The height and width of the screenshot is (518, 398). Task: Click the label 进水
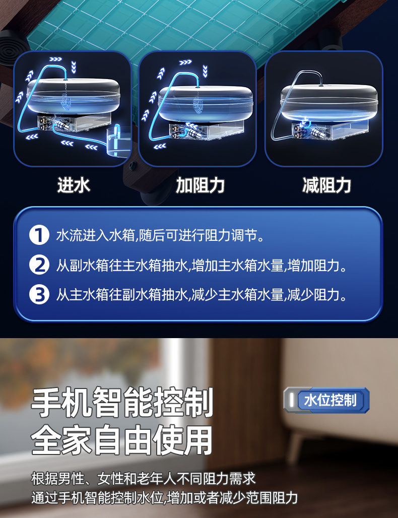[x=74, y=185]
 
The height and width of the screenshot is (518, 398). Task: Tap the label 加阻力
[x=200, y=185]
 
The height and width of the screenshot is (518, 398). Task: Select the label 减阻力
[x=326, y=185]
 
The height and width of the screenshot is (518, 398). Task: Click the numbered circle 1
[x=39, y=235]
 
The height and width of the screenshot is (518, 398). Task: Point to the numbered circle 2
[x=39, y=265]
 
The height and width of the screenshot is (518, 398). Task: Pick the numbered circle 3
[x=39, y=294]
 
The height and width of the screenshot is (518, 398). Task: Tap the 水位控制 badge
[x=326, y=400]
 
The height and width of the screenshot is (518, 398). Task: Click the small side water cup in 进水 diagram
[x=117, y=142]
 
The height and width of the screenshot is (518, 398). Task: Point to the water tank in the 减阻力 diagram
[x=328, y=101]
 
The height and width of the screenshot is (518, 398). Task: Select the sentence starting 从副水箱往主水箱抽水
[x=202, y=265]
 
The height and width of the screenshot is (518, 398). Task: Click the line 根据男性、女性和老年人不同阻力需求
[x=144, y=478]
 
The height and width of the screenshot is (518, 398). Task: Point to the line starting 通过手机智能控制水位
[x=164, y=498]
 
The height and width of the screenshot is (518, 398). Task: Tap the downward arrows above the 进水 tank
[x=74, y=67]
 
